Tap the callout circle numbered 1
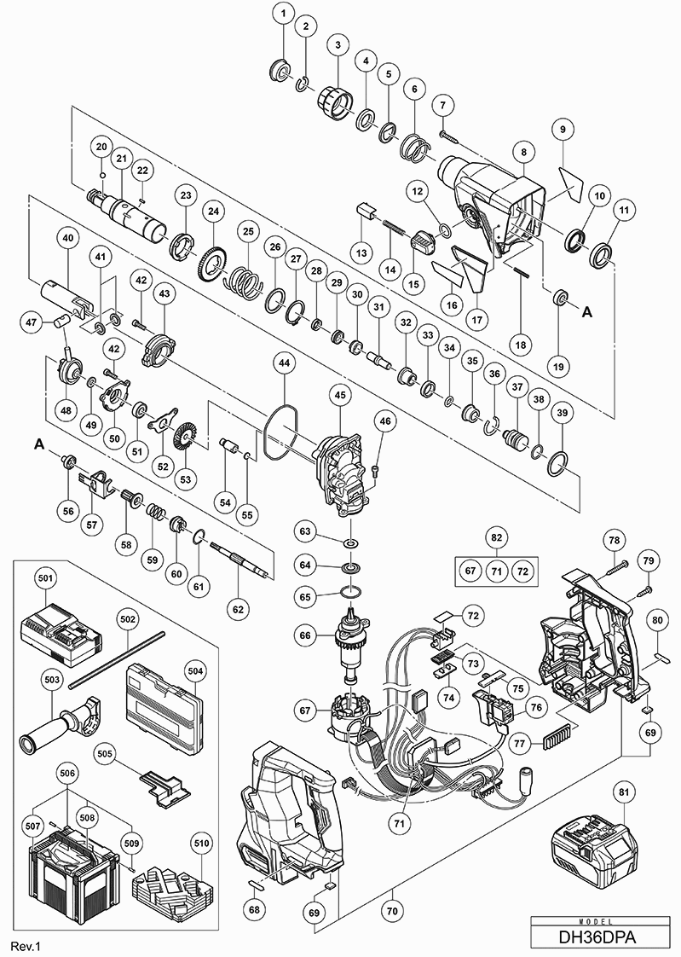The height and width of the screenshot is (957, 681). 283,14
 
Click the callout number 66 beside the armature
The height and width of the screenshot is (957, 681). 304,634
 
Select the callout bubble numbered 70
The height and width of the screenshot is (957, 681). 393,894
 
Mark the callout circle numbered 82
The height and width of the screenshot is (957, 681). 496,537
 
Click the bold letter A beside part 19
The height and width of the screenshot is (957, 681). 587,314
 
